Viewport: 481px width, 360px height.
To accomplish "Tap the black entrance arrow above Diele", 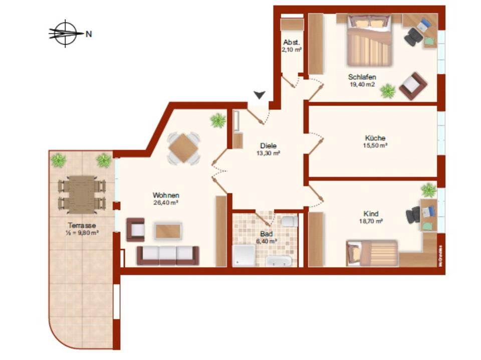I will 260,95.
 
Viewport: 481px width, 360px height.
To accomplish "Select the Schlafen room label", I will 362,77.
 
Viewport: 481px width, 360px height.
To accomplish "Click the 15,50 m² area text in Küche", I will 376,145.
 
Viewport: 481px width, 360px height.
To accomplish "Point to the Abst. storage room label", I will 292,42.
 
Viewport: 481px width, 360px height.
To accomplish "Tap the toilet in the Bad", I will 289,222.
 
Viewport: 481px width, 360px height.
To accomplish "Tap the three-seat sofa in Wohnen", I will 168,255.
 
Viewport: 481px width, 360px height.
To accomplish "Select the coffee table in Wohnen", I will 168,231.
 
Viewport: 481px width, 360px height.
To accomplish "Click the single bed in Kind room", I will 372,253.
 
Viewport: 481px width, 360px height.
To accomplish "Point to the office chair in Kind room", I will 413,216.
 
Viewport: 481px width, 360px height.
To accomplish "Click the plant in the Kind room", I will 428,190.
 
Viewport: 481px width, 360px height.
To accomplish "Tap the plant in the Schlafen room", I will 387,91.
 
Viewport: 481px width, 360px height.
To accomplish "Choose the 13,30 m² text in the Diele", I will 269,153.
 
